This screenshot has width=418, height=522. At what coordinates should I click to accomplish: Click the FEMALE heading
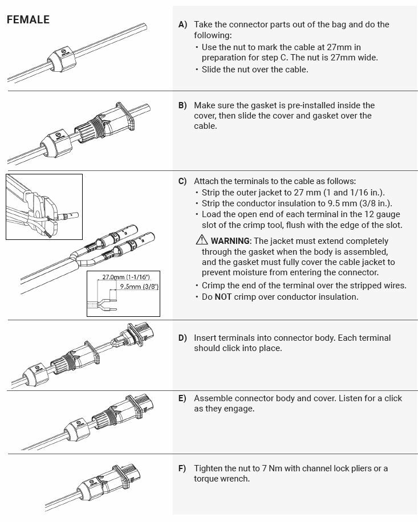(28, 20)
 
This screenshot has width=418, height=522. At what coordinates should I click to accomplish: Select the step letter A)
(182, 25)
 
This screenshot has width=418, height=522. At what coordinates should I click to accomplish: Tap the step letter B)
(182, 105)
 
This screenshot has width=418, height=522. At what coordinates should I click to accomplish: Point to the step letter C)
(182, 181)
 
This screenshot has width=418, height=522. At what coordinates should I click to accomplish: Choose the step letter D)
(182, 338)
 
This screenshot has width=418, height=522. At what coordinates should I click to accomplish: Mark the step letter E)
(182, 398)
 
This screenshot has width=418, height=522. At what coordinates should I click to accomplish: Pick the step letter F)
(182, 468)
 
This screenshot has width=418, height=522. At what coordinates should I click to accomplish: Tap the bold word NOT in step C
(224, 296)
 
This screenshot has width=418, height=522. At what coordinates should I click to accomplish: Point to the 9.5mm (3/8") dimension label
(139, 287)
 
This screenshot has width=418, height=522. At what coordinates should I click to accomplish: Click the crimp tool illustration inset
(44, 206)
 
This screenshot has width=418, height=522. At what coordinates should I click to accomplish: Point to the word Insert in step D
(205, 338)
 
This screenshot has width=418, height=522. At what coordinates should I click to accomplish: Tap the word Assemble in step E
(213, 398)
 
